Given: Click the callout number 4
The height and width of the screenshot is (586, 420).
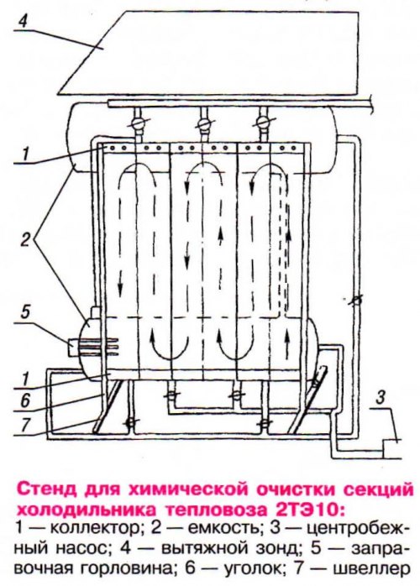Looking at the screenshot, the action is [23, 21].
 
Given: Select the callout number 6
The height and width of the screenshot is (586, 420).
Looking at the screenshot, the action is [24, 402].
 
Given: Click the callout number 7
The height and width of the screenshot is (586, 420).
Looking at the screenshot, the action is [25, 426].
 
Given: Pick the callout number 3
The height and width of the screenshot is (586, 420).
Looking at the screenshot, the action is [379, 398].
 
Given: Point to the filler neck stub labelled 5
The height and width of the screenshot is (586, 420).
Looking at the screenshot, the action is [76, 348].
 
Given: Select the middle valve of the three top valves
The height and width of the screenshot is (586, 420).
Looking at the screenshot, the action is [204, 123].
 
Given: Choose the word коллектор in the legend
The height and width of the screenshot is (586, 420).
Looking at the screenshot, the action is [97, 528].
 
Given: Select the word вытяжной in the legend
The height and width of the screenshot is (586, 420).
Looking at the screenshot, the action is [206, 549].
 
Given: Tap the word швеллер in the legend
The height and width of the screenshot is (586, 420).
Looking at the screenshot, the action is [368, 569].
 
